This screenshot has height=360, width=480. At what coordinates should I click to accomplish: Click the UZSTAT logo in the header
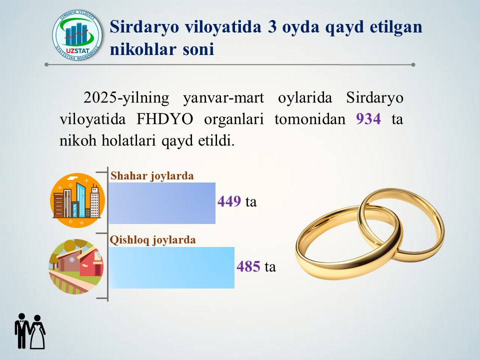coord(77,35)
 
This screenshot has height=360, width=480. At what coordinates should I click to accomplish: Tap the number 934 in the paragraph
coord(368,119)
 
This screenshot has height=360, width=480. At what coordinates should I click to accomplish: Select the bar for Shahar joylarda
coord(162,203)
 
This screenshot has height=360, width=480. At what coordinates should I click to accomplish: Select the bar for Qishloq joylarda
coord(171,267)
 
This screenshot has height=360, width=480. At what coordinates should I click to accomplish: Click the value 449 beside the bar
coord(229,201)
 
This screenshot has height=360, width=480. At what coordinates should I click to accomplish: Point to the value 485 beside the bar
coord(248,266)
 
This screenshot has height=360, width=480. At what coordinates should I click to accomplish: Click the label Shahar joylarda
coord(152,176)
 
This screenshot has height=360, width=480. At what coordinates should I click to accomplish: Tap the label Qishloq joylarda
coord(153,240)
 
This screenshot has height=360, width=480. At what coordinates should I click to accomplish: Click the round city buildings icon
coord(77,200)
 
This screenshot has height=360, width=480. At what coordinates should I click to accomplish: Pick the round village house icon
coord(76,266)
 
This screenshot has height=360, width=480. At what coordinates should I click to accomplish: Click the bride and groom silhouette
coord(30,331)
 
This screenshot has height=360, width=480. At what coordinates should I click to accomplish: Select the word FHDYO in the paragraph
coord(164,119)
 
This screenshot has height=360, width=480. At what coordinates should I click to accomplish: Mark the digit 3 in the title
coord(272,27)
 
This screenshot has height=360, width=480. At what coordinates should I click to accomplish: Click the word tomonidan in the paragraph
coord(310,119)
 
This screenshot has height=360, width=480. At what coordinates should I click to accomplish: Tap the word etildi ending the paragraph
coord(216,140)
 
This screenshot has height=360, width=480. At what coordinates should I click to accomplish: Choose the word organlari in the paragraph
coord(234,119)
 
